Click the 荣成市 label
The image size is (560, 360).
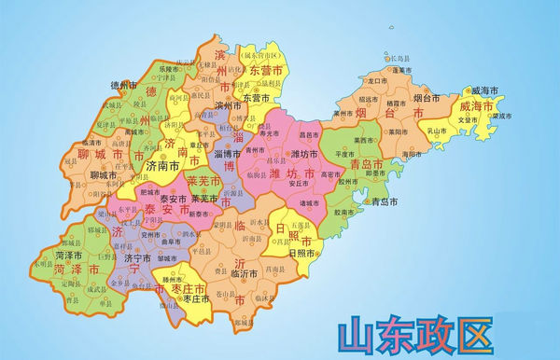click(x=502, y=116)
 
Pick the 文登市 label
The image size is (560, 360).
click(x=468, y=118)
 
